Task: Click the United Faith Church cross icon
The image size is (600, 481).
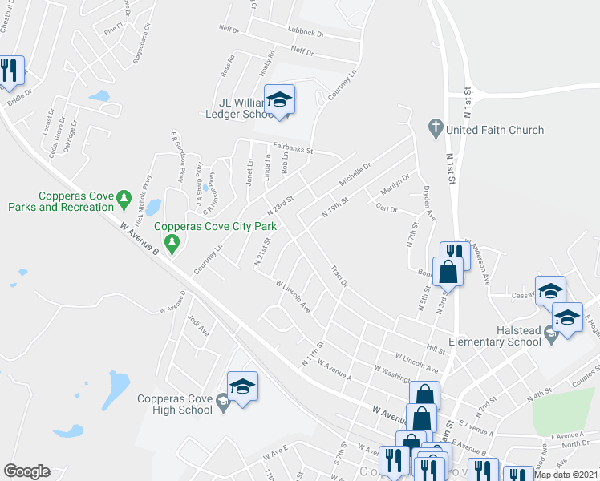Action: [436, 127]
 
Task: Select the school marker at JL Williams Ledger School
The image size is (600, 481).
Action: [279, 99]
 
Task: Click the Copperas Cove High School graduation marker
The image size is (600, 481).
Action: [242, 387]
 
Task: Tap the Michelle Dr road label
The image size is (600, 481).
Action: [354, 172]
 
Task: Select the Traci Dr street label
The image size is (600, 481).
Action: [338, 277]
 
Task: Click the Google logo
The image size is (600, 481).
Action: [26, 471]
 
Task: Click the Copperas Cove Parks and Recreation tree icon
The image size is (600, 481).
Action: [123, 196]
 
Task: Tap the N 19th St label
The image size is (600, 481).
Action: [334, 208]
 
